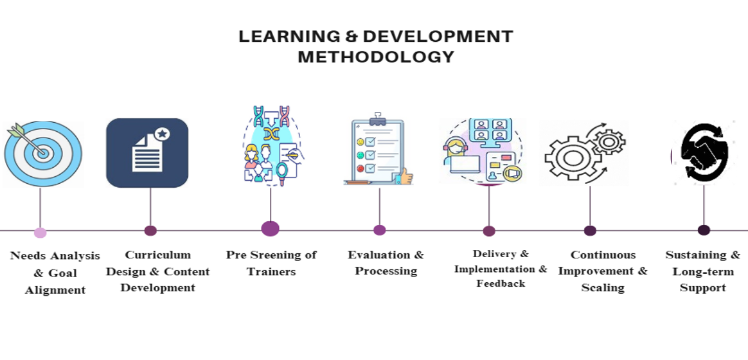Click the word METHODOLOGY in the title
376,57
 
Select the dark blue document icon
147,153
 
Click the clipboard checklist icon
378,149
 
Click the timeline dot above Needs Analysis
40,232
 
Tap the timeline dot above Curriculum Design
150,231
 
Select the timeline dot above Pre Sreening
270,229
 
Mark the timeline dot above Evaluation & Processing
379,230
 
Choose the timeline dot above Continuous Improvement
590,231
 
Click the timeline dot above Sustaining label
704,230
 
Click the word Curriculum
158,255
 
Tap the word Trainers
271,272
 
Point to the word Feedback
501,283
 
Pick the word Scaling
603,288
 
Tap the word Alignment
55,290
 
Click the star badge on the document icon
162,134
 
